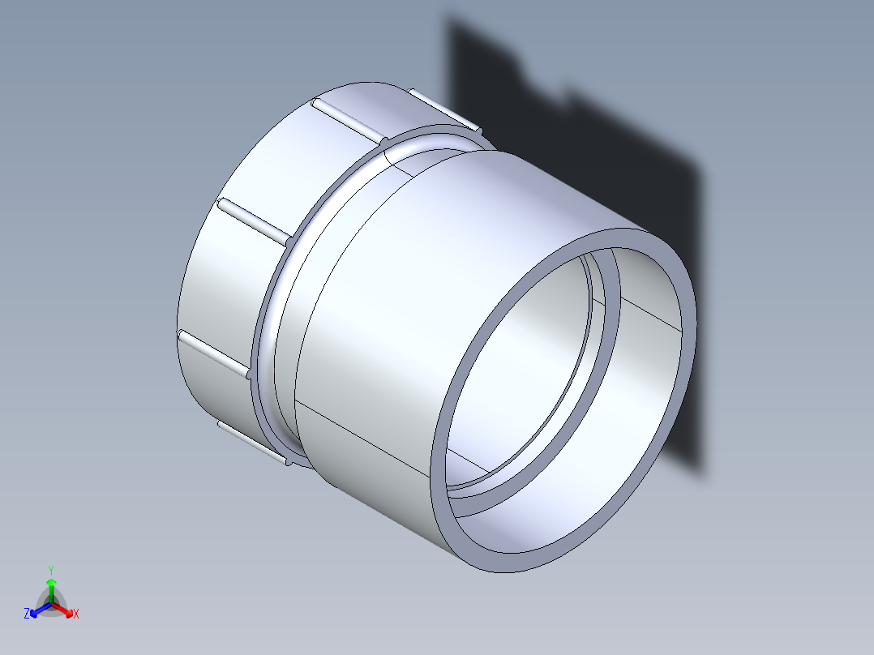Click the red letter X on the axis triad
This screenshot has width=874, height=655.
[x=75, y=614]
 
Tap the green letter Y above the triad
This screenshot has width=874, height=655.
[x=50, y=569]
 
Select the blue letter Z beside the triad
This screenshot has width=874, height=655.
[x=27, y=614]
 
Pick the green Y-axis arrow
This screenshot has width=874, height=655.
[x=51, y=585]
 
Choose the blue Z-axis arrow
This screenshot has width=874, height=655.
[x=36, y=610]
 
